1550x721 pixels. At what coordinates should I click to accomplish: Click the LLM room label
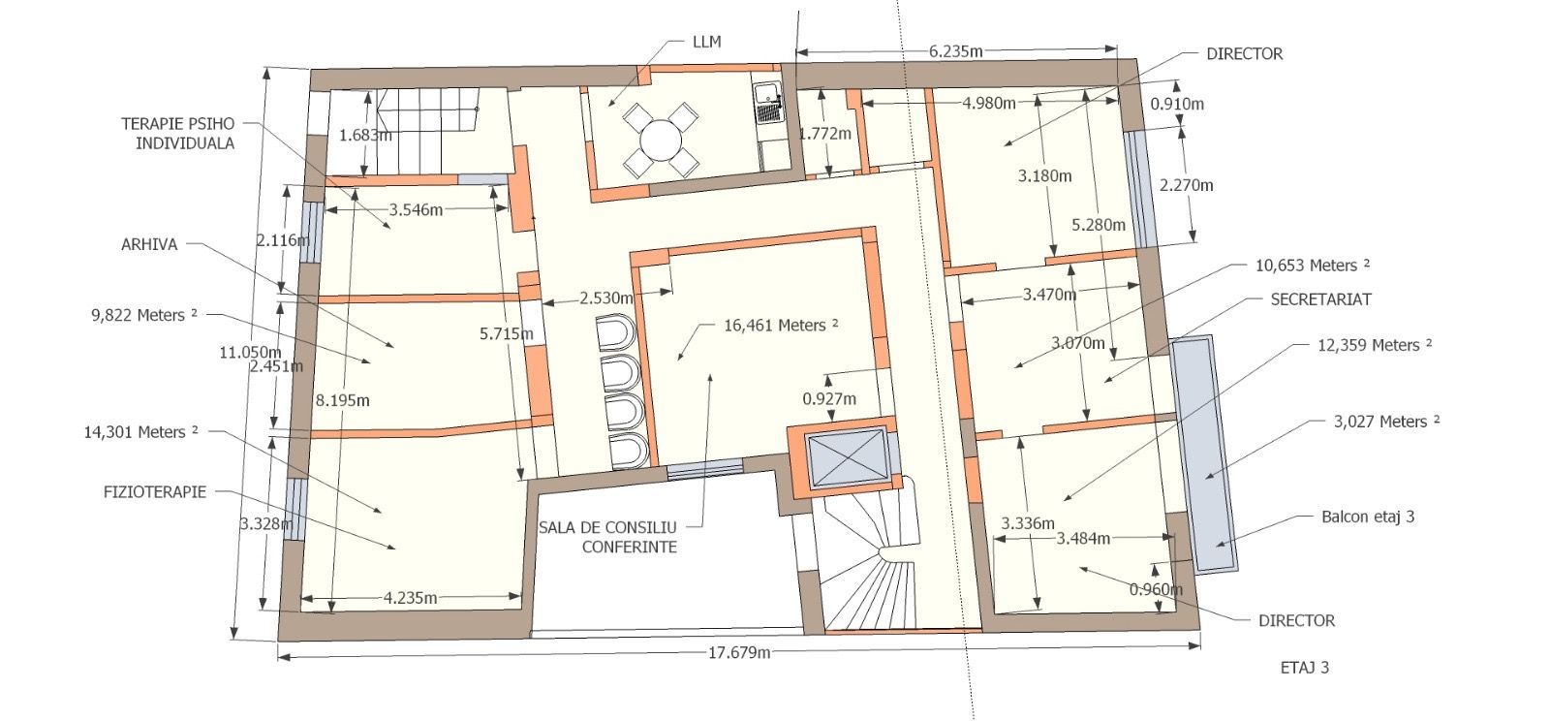coord(706,43)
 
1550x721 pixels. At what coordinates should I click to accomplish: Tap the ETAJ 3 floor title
coord(1304,668)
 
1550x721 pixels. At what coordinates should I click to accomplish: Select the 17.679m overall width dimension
coord(739,652)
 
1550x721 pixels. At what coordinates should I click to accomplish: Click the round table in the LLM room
coord(661,141)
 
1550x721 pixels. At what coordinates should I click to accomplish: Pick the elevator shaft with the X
coord(847,457)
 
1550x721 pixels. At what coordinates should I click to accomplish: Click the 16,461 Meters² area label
coord(781,326)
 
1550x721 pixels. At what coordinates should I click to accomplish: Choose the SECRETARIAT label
coord(1321,299)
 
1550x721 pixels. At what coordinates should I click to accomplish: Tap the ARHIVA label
coord(149,244)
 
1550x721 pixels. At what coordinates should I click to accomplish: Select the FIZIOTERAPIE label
coord(155,492)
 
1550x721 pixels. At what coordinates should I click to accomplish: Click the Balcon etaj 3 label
coord(1368,517)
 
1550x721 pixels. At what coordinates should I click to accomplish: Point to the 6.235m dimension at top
coord(955,51)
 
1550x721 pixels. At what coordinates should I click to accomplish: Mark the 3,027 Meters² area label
coord(1386,422)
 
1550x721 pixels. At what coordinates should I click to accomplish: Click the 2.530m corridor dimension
coord(606,298)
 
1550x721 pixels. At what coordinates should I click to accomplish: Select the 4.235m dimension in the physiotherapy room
coord(411,598)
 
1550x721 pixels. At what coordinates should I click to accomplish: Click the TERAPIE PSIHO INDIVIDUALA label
coord(178,134)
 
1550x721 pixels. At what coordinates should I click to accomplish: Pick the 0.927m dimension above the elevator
coord(829,398)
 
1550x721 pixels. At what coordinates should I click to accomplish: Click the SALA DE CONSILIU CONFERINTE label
coord(607,538)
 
